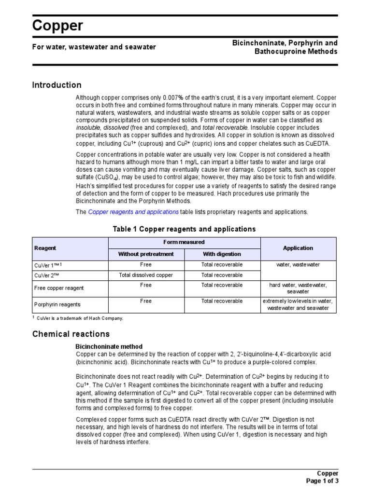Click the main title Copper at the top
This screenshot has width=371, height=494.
click(x=57, y=26)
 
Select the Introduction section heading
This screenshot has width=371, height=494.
click(x=57, y=85)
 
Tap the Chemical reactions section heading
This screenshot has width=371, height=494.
click(x=71, y=334)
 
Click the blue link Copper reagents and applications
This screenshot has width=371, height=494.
click(x=133, y=212)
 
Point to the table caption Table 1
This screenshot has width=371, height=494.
click(x=184, y=229)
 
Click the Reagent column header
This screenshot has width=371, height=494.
click(x=45, y=248)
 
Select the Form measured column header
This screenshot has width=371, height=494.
click(x=184, y=242)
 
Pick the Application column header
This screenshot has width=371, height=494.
click(x=298, y=248)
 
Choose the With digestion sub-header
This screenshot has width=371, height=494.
click(x=222, y=254)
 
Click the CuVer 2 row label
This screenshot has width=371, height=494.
click(x=47, y=275)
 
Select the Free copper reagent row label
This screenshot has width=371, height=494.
click(x=59, y=288)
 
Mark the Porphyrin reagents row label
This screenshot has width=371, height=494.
click(x=57, y=304)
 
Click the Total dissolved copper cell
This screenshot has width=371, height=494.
click(x=146, y=275)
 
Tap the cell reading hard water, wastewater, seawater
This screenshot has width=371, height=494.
click(x=298, y=288)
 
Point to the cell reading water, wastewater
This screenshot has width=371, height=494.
click(x=298, y=265)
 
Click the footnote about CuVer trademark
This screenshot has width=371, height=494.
click(x=80, y=318)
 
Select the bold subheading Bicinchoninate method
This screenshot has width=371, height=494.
click(x=109, y=346)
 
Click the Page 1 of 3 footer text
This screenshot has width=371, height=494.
click(x=323, y=480)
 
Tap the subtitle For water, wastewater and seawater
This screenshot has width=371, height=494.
click(x=94, y=47)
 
